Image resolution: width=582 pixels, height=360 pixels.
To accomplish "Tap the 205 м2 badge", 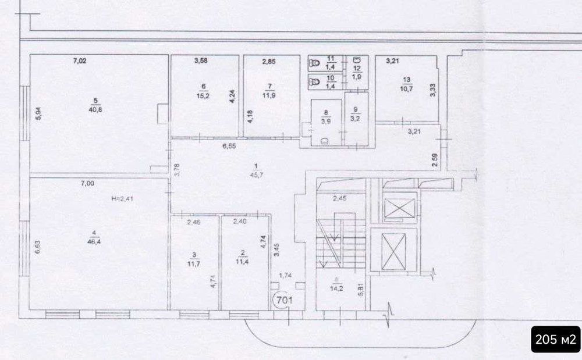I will coord(555,338).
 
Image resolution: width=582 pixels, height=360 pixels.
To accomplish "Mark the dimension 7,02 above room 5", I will coord(79,60).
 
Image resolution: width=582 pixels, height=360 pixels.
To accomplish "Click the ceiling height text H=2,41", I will coord(123,198).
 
